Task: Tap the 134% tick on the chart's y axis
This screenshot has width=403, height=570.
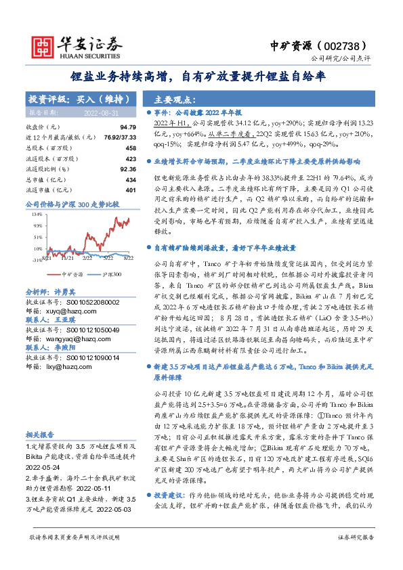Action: pos(37,213)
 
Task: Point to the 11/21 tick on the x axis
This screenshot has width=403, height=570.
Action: pos(67,258)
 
